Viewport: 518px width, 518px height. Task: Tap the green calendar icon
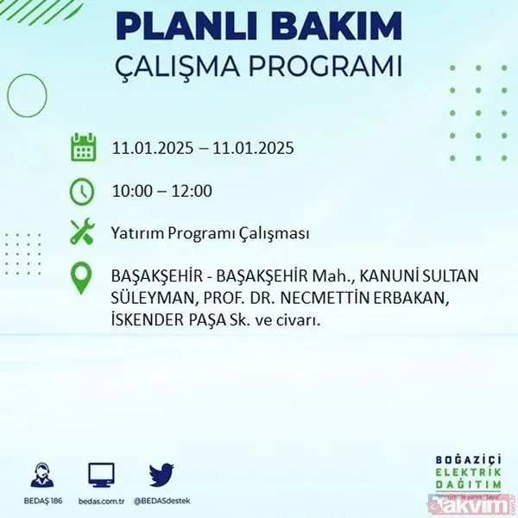[x=82, y=148]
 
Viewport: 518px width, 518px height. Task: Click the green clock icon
[x=82, y=191]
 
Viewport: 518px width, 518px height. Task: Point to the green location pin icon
[x=82, y=278]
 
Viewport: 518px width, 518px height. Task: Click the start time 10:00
[x=133, y=191]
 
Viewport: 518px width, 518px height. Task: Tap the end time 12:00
[x=192, y=191]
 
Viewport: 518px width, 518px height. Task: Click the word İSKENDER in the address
[x=147, y=320]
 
